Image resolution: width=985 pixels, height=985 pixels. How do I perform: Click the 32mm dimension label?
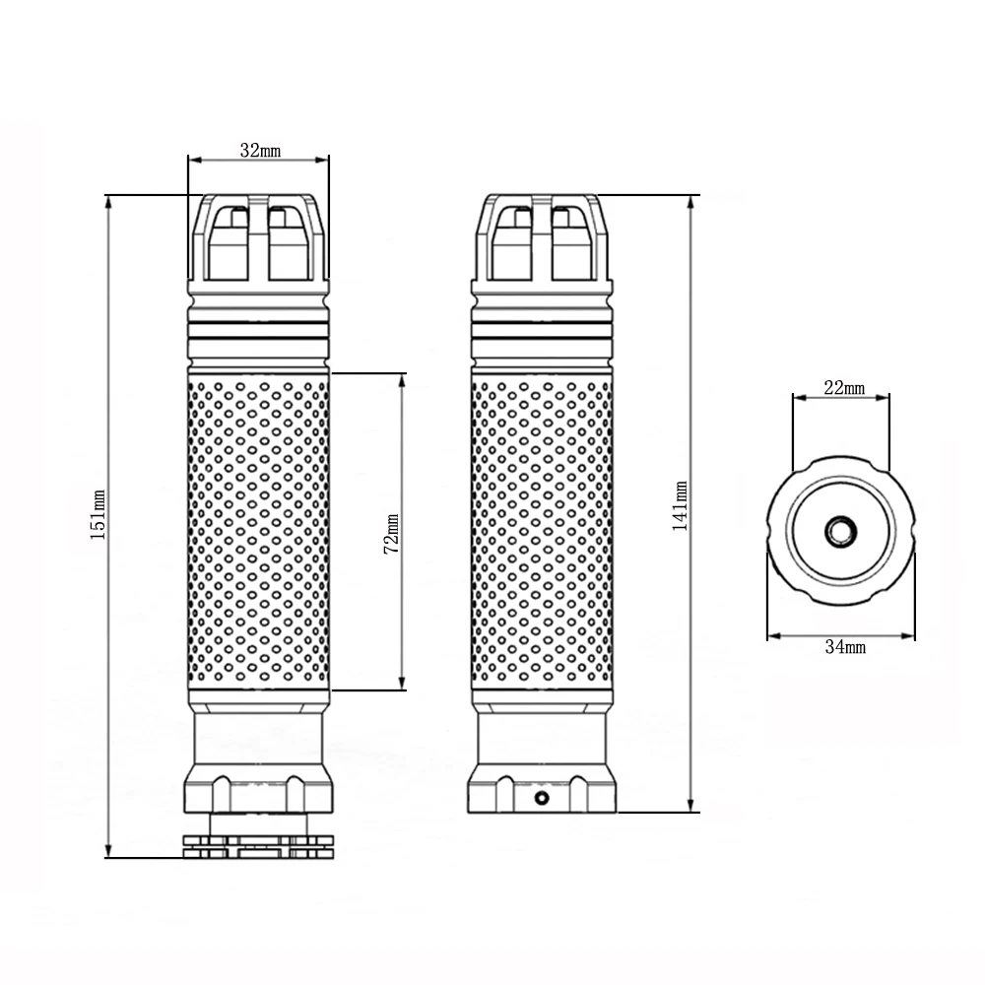point(260,151)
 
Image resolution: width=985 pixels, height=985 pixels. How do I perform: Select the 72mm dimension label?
point(391,533)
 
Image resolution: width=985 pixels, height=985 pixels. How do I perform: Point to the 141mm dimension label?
point(681,506)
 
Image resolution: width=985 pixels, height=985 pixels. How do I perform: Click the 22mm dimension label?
point(844,388)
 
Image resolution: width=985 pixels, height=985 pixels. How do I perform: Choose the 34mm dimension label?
point(845,646)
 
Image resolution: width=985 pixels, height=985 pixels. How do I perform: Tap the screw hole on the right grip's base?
point(542,799)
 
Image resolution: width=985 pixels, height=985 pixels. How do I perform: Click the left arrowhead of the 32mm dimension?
point(194,161)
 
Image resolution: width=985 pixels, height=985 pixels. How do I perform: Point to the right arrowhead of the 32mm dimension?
point(322,161)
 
